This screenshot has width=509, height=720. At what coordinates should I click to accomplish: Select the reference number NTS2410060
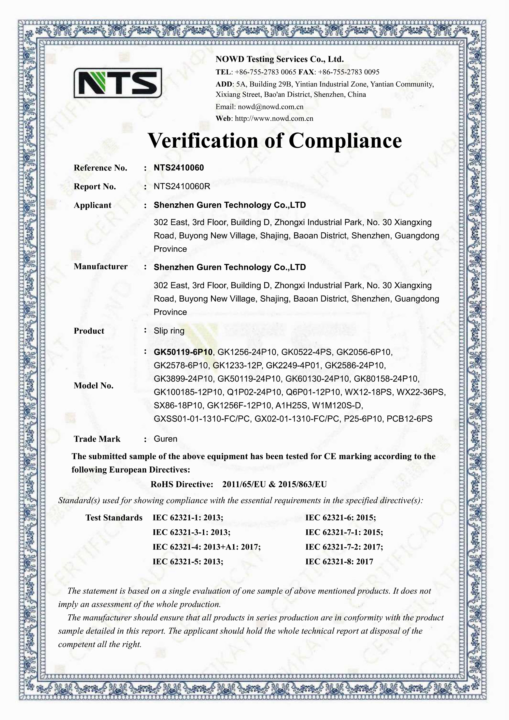(178, 168)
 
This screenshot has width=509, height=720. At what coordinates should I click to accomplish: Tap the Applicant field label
(93, 205)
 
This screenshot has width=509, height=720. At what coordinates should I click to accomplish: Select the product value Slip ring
(169, 331)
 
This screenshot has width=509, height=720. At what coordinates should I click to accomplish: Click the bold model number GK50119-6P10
(183, 352)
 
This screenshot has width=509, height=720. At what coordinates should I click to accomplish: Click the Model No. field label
(93, 386)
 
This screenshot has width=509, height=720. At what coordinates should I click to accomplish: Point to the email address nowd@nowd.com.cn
(270, 107)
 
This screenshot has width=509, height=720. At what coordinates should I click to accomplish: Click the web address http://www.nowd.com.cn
(274, 119)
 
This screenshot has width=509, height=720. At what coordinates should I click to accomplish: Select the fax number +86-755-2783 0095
(348, 72)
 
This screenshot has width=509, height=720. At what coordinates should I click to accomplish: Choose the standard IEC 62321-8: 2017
(339, 562)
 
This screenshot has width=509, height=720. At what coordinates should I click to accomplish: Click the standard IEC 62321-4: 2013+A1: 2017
(206, 547)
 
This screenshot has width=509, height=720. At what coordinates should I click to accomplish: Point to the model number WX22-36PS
(421, 392)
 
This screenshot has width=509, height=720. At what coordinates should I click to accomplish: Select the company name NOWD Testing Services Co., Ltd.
(279, 59)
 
